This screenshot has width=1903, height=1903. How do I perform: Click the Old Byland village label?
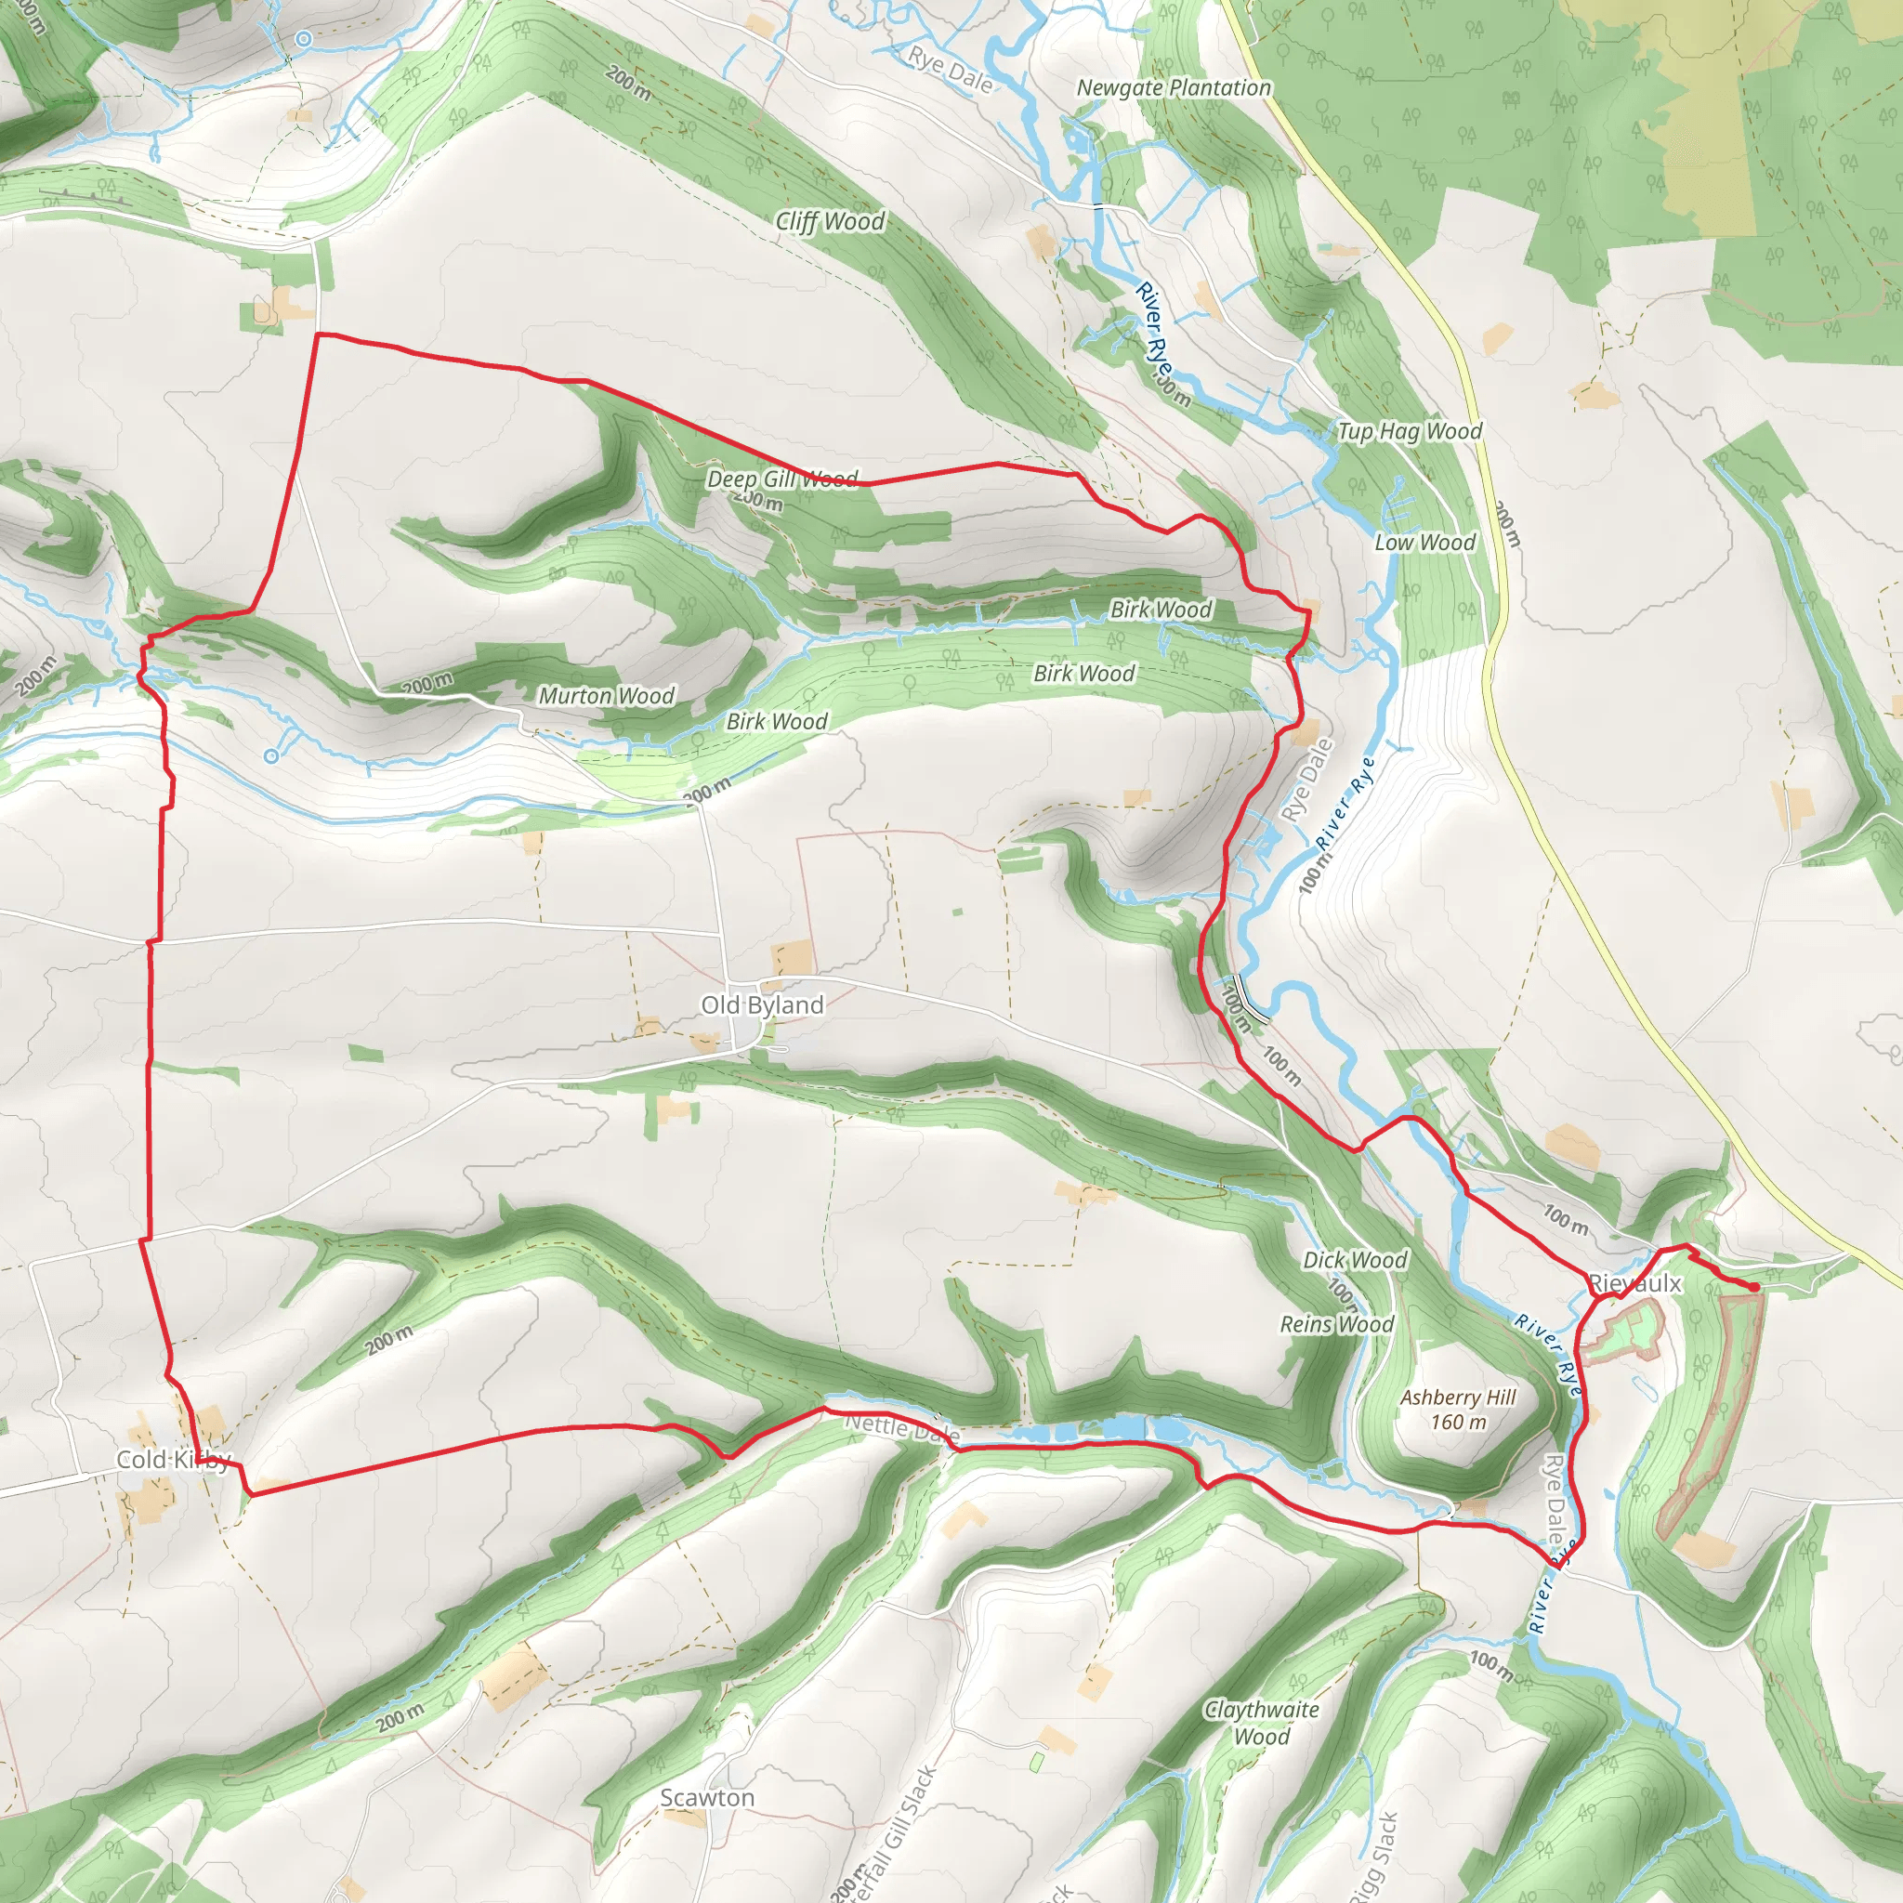click(761, 1004)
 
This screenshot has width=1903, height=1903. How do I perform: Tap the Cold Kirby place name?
click(174, 1459)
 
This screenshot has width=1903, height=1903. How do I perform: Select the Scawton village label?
click(707, 1798)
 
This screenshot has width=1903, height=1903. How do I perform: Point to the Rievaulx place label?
click(1635, 1283)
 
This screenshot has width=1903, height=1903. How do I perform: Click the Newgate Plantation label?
click(1174, 87)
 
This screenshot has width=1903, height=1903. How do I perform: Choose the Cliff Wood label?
click(830, 222)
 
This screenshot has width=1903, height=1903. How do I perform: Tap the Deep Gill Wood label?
click(782, 479)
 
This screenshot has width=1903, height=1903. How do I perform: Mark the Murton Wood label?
click(606, 695)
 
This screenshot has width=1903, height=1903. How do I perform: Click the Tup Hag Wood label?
click(1409, 430)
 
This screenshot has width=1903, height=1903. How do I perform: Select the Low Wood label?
click(1424, 542)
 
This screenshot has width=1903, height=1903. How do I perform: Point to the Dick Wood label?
click(1355, 1260)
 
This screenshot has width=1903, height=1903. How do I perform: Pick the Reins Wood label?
click(1336, 1324)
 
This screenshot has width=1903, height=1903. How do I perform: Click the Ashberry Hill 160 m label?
click(1458, 1409)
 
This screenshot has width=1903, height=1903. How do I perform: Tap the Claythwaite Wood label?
click(1262, 1723)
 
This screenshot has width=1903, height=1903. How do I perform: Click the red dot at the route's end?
click(1755, 1287)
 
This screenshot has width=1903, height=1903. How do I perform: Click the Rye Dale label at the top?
click(951, 71)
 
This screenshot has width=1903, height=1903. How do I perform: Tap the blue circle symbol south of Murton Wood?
click(271, 755)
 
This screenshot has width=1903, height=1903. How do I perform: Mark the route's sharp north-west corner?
click(317, 335)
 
